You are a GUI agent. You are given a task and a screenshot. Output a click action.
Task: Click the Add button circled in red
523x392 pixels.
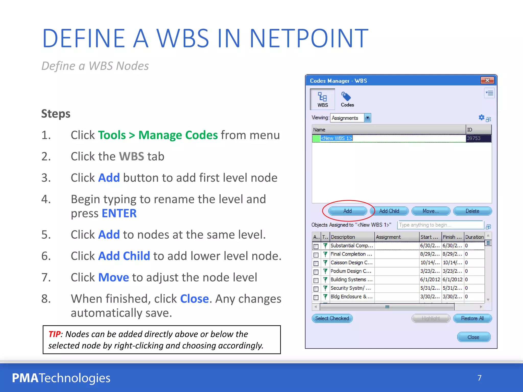coord(347,211)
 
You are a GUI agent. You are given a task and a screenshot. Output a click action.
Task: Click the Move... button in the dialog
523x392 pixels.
coord(431,211)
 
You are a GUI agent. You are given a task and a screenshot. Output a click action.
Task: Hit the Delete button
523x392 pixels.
coord(472,211)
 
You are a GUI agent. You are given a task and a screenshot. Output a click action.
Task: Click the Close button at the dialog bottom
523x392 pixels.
coord(473,337)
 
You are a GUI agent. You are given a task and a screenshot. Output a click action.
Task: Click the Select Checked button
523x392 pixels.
coord(332,318)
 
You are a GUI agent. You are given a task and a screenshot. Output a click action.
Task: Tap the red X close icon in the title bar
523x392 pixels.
coord(487,80)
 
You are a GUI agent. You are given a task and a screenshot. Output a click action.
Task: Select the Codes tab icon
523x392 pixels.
coord(347,99)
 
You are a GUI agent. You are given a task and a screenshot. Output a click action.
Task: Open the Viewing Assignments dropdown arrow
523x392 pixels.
coord(367,118)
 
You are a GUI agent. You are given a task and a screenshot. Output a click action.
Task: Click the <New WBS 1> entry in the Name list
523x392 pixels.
coord(336,138)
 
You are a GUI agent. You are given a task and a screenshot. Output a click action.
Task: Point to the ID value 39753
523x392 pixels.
coord(473,138)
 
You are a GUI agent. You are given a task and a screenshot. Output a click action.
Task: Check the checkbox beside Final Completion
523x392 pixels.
coord(316,255)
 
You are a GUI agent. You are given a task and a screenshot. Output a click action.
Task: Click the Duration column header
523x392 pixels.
coord(474,237)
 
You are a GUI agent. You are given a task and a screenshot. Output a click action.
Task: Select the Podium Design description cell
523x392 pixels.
coord(351,271)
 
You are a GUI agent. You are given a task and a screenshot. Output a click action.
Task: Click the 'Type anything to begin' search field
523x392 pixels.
coord(440,225)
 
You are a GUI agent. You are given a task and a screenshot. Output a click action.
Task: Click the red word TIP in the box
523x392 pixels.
coord(55,334)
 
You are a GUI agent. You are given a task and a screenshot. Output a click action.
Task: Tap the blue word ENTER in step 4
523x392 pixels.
coord(119,213)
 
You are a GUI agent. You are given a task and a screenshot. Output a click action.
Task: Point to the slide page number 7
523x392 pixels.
coord(479,378)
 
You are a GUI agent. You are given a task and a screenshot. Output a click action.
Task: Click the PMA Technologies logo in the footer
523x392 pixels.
coord(61,378)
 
